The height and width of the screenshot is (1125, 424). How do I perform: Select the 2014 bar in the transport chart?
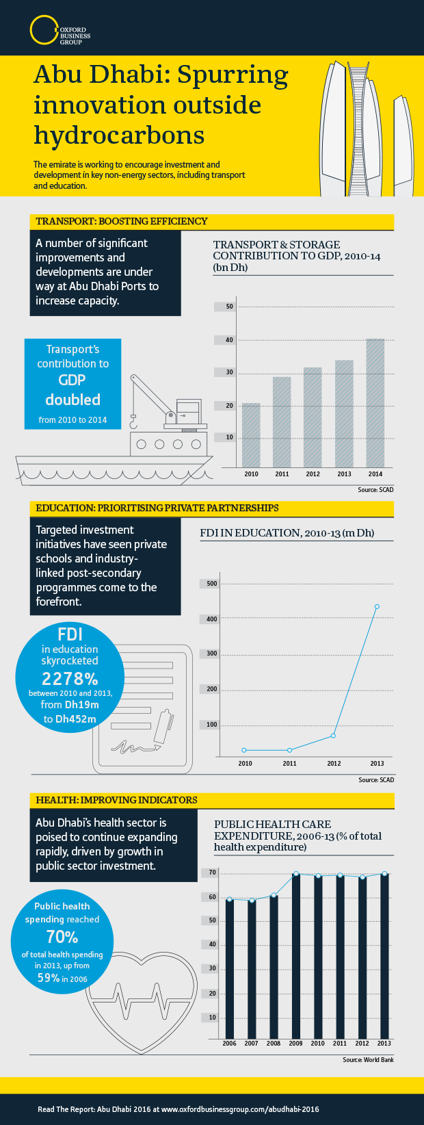(x=375, y=402)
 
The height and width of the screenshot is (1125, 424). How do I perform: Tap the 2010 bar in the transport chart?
(x=251, y=435)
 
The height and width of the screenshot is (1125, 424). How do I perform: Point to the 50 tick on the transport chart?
(x=230, y=307)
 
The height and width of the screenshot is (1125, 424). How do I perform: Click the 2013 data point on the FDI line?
(x=377, y=606)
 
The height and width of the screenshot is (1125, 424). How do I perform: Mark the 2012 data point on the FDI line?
(x=333, y=736)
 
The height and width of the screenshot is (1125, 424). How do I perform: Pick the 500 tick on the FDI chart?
(x=211, y=584)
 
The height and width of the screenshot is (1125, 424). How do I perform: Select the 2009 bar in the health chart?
(x=295, y=955)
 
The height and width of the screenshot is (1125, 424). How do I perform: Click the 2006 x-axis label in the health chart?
(x=229, y=1044)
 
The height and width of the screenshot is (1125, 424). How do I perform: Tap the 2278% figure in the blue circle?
(x=70, y=678)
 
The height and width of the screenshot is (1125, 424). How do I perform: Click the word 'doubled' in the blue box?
(x=72, y=400)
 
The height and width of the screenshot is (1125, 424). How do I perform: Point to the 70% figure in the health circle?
(x=62, y=936)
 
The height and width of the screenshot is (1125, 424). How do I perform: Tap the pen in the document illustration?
(x=163, y=727)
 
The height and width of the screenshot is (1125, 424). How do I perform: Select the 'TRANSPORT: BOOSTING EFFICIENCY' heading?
(x=122, y=222)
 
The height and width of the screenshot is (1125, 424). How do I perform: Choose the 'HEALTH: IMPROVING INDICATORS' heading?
(x=116, y=800)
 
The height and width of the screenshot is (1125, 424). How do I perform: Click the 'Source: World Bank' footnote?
(x=368, y=1060)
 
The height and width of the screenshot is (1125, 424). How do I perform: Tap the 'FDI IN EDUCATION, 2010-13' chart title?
(x=287, y=533)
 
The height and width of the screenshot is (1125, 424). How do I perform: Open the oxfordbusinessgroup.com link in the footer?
(x=240, y=1109)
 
